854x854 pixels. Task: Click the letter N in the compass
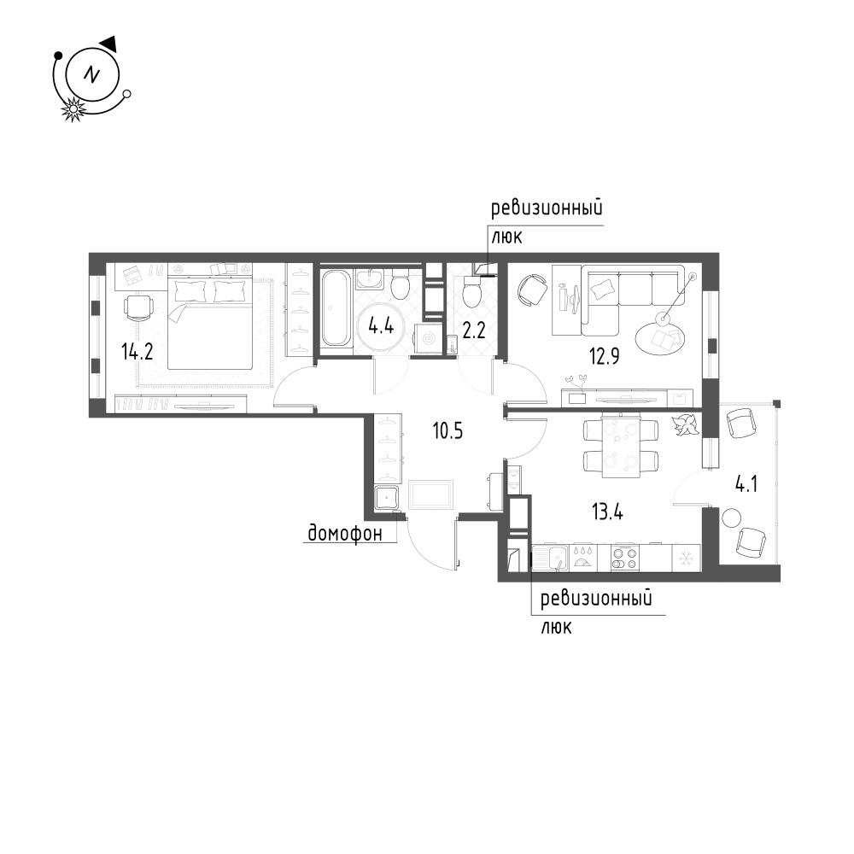(x=91, y=74)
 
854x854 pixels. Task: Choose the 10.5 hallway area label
(x=447, y=431)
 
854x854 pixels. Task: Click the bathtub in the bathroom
(x=336, y=308)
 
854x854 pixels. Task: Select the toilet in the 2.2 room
(x=471, y=294)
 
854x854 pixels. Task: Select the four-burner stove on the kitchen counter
(x=625, y=558)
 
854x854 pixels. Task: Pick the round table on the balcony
(x=731, y=518)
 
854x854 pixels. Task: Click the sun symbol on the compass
(x=74, y=108)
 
